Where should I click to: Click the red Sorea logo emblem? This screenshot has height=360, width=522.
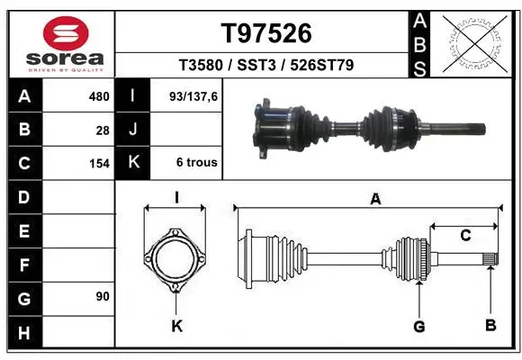(x=66, y=33)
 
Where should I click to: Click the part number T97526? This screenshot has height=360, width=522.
(x=266, y=33)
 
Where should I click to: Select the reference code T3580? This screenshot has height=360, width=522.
(x=201, y=65)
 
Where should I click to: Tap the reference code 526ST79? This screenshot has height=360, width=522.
(x=322, y=65)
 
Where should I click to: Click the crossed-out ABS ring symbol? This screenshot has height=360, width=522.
(x=475, y=43)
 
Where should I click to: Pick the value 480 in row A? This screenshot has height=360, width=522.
(x=99, y=96)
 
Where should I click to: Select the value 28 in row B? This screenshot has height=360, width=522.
(x=103, y=130)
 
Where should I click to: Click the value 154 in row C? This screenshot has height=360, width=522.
(x=99, y=164)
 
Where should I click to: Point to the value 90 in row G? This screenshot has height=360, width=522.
(x=103, y=296)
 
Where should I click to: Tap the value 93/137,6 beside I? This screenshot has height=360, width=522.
(x=193, y=96)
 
